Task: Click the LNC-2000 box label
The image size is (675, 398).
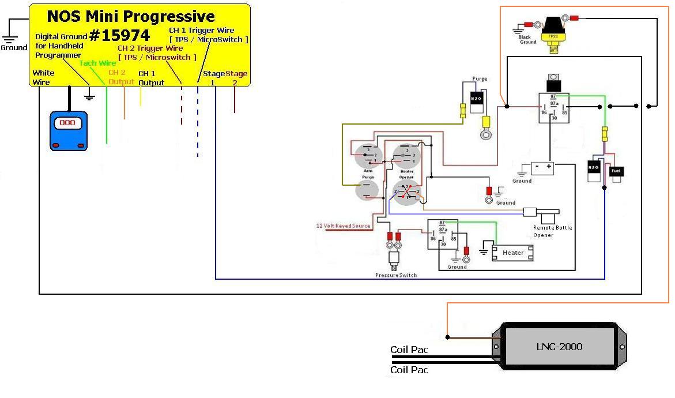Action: click(560, 346)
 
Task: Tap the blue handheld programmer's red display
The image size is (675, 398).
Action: click(68, 123)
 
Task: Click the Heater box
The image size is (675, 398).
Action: click(512, 253)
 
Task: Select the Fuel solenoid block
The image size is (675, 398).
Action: click(616, 171)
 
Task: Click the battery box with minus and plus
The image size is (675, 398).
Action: click(542, 168)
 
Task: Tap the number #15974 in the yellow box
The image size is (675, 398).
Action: click(119, 36)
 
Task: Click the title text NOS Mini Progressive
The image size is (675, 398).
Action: click(131, 16)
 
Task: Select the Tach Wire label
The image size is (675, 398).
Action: click(97, 63)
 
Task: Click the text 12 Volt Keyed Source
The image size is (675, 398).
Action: click(343, 226)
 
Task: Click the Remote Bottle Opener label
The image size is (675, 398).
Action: click(552, 231)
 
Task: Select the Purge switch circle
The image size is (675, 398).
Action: click(367, 189)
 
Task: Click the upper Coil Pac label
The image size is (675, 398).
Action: click(409, 350)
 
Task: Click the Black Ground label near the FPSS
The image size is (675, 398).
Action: click(527, 39)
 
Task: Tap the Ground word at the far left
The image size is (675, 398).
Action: click(14, 47)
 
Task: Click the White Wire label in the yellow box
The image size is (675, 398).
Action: click(44, 77)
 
